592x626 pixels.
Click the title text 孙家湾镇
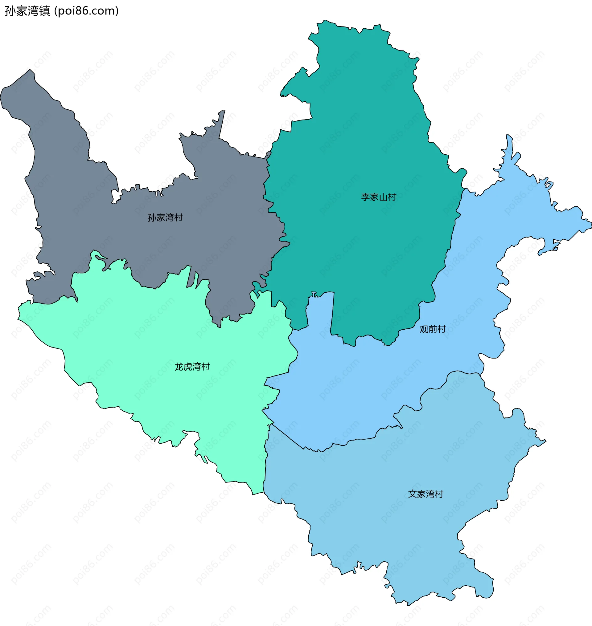click(27, 11)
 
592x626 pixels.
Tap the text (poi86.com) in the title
click(86, 11)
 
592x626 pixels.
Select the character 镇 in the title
click(44, 11)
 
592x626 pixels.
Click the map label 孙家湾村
click(165, 217)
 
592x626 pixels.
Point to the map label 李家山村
click(378, 197)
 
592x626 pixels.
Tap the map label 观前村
click(432, 329)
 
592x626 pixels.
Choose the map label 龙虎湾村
click(192, 367)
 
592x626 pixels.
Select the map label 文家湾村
click(425, 494)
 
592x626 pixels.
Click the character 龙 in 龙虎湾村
click(179, 367)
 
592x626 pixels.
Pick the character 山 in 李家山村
click(383, 197)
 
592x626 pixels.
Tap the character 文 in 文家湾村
click(413, 494)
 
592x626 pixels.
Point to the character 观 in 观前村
click(424, 329)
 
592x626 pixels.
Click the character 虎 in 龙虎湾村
click(188, 367)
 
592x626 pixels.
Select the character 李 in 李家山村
click(365, 197)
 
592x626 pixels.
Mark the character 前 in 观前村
click(433, 329)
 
